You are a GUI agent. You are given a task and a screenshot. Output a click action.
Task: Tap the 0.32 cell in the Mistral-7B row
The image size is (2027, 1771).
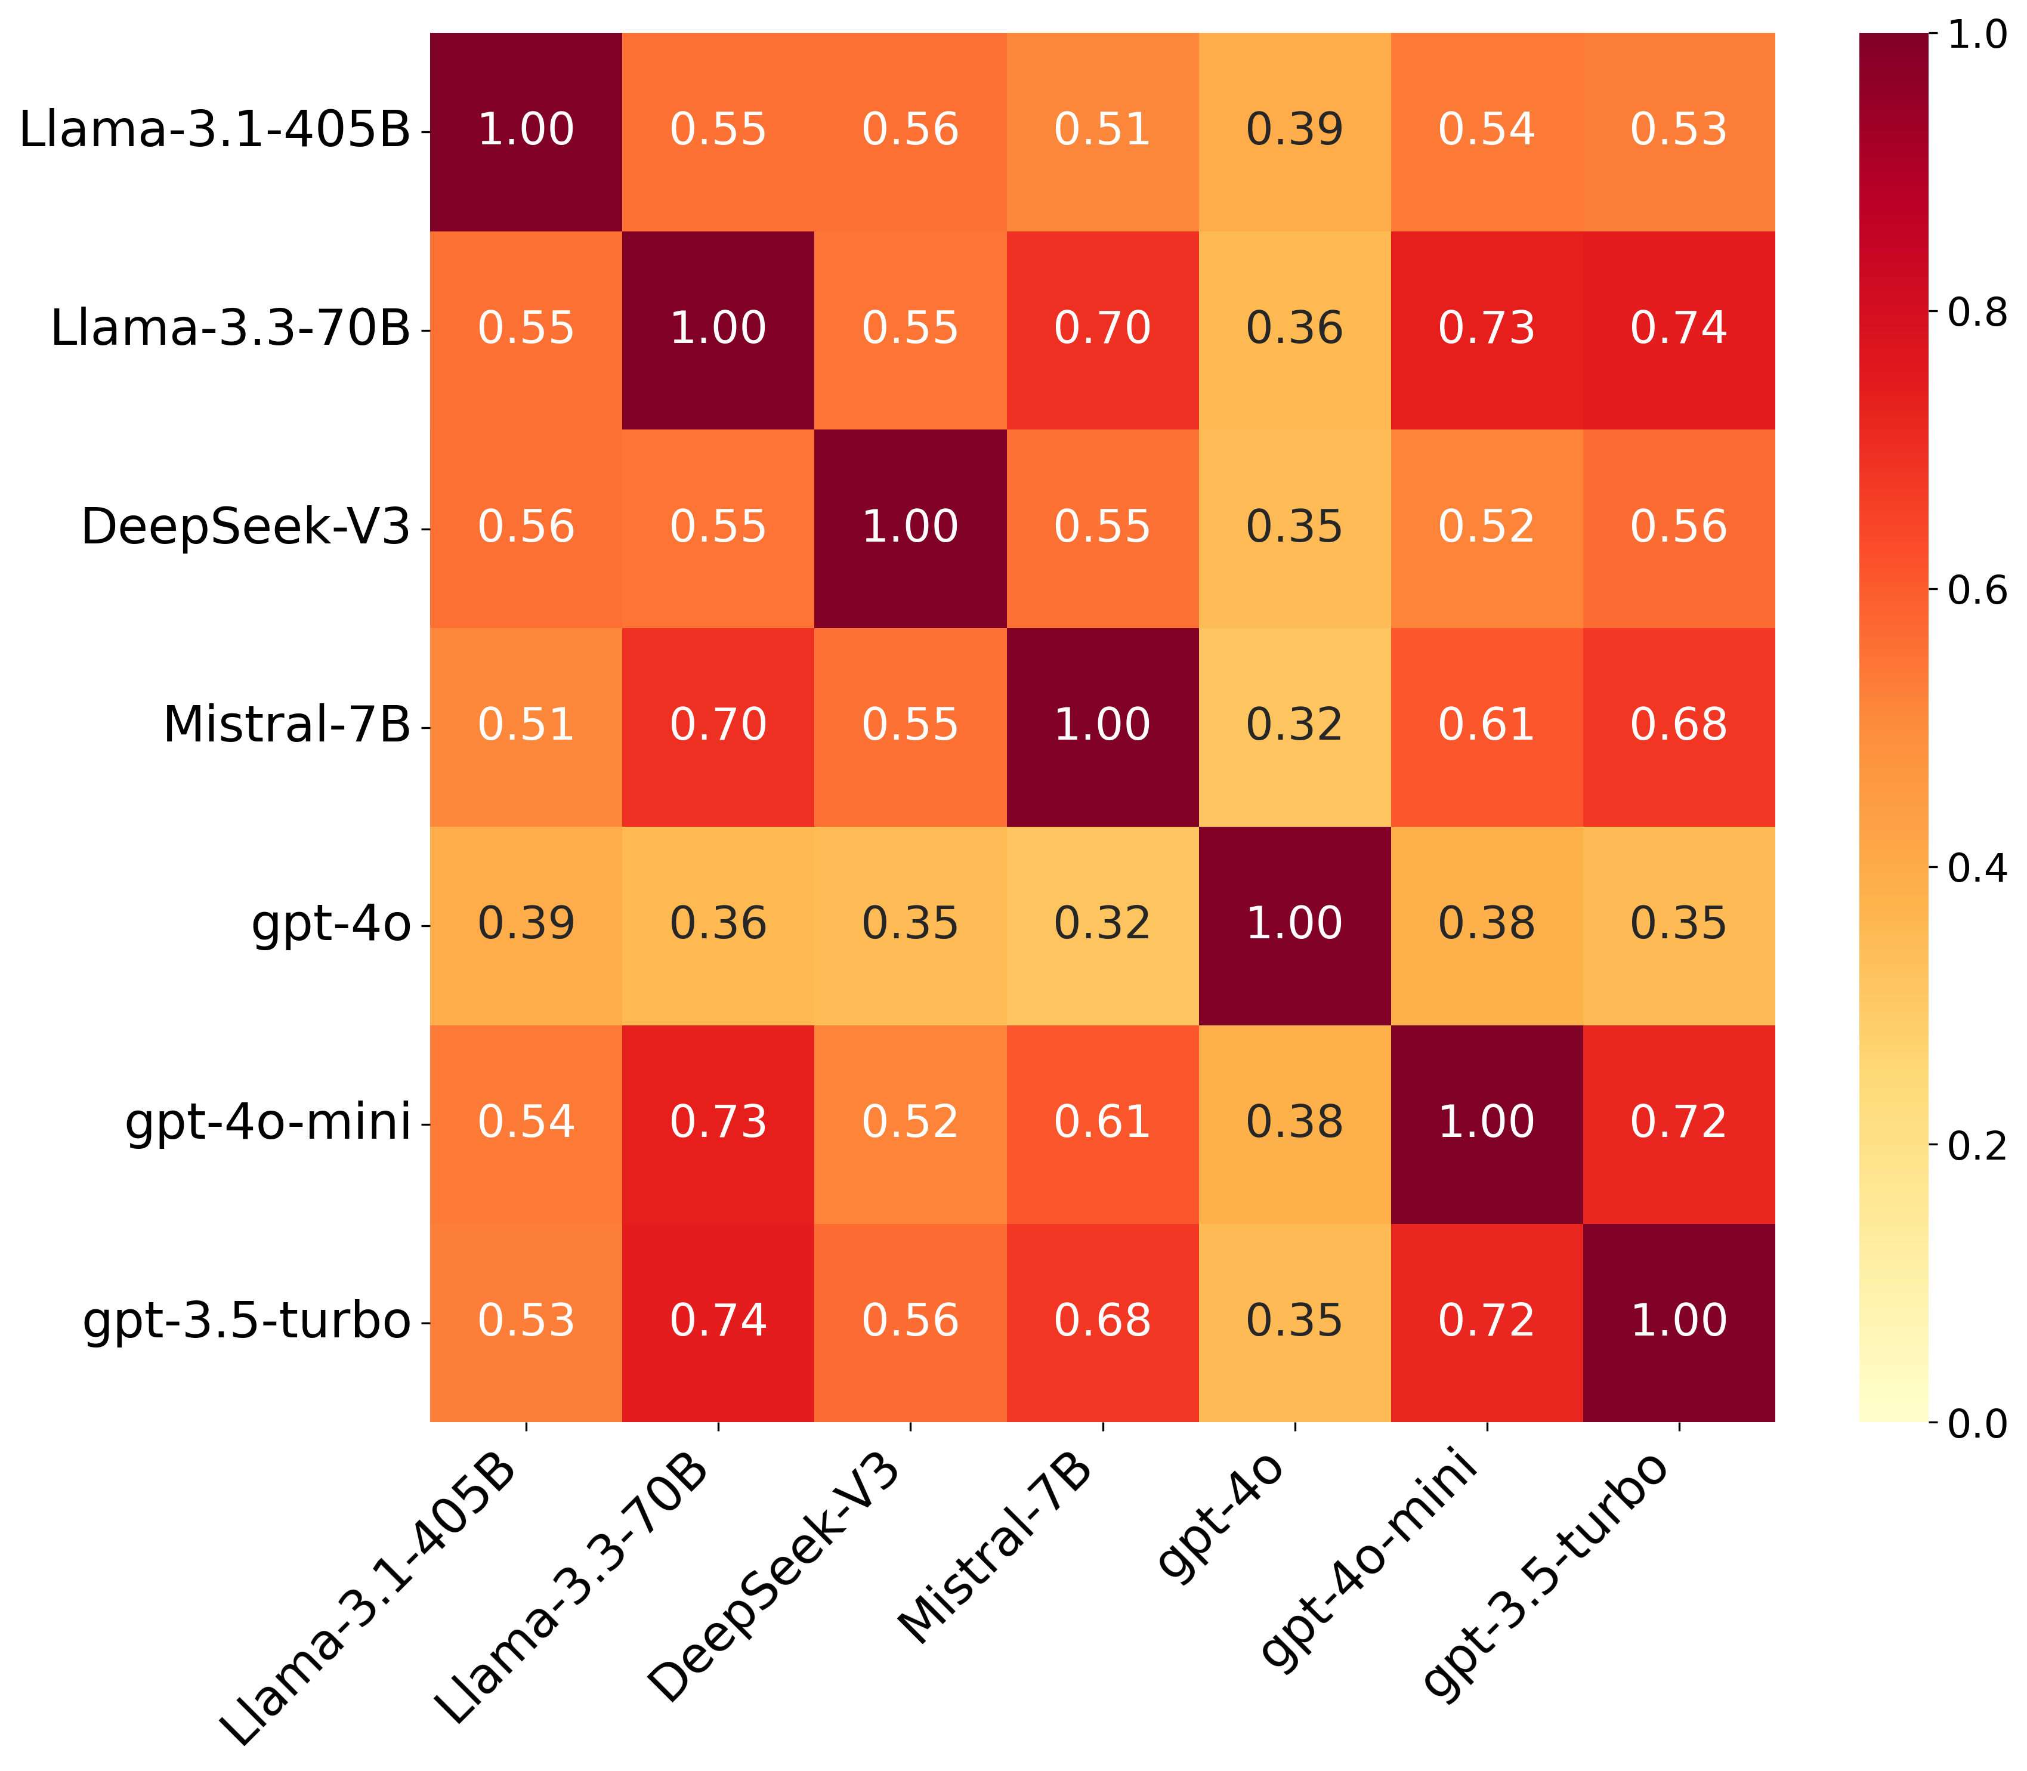(1294, 725)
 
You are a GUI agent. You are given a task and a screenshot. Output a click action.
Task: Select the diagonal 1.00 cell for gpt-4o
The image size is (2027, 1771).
(1294, 924)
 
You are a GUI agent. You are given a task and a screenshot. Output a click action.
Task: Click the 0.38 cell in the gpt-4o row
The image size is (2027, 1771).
(1487, 924)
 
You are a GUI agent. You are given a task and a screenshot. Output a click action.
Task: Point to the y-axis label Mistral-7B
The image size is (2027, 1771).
(286, 725)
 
